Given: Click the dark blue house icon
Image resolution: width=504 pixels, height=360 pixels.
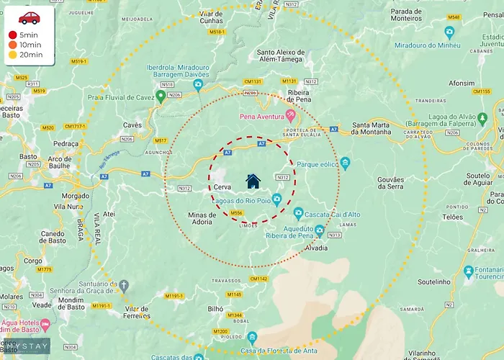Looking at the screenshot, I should (x=253, y=181).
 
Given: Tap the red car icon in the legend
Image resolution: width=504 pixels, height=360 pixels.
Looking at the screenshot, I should (x=30, y=18).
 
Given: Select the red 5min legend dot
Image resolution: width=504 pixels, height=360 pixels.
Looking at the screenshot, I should (x=12, y=35).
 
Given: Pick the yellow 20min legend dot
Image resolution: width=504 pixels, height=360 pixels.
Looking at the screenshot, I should (x=12, y=55).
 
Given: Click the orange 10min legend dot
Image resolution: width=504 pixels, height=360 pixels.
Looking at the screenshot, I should (x=12, y=45).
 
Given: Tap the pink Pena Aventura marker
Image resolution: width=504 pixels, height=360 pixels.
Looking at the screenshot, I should (x=291, y=114).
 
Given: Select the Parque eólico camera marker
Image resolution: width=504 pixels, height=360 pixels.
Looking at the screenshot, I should (x=345, y=163).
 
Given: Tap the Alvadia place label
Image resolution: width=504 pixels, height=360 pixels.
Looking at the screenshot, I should (x=317, y=248).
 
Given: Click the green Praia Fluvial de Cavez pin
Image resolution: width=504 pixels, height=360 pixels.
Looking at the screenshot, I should (x=161, y=96).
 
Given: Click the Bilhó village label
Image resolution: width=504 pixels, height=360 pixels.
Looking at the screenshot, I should (x=216, y=308).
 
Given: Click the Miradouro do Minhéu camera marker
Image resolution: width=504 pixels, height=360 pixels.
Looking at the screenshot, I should (x=449, y=32).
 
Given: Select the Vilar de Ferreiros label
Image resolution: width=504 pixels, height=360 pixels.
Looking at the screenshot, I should (x=136, y=312).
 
